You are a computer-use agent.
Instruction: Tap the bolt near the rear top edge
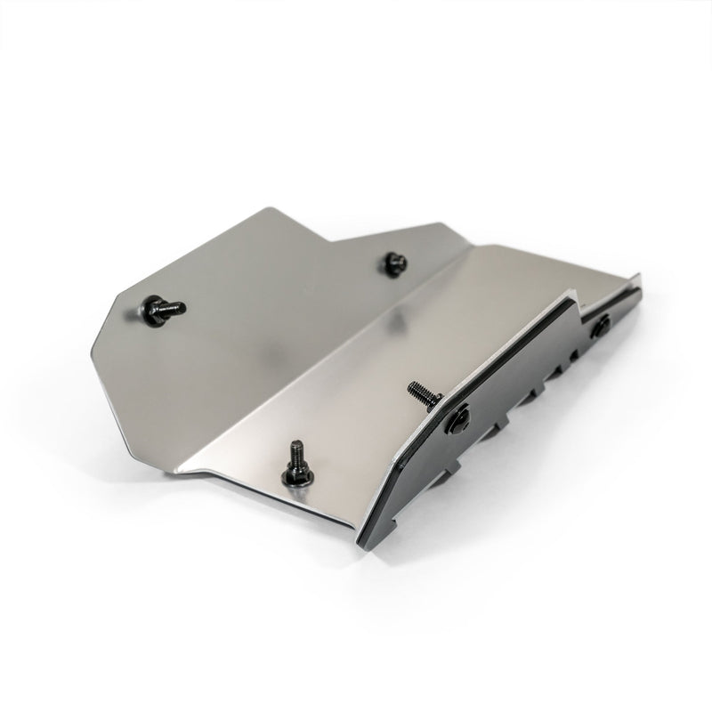click(392, 263)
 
